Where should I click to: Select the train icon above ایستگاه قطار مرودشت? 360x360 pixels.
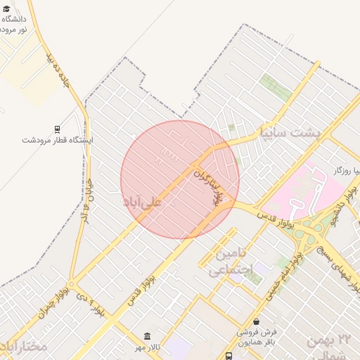[56, 129]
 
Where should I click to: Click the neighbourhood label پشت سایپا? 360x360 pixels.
[290, 131]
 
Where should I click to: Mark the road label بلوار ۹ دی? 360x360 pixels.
[92, 305]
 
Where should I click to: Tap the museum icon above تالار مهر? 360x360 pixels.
[147, 336]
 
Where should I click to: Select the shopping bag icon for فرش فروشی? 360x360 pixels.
[257, 321]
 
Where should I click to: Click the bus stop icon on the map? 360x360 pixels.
[229, 356]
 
